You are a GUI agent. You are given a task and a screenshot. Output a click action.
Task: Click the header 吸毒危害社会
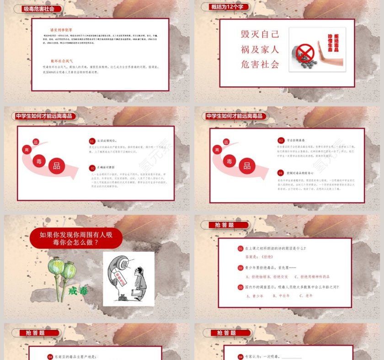pyautogui.click(x=38, y=8)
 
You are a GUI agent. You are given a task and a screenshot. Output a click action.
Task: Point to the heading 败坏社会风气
pyautogui.click(x=62, y=60)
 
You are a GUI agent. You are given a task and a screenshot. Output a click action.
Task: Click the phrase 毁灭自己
pyautogui.click(x=260, y=35)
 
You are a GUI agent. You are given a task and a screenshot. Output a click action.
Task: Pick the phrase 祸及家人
pyautogui.click(x=260, y=49)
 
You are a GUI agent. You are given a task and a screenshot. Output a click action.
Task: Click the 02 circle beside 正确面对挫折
pyautogui.click(x=92, y=168)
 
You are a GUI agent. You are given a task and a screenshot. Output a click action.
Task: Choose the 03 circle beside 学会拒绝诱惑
pyautogui.click(x=281, y=140)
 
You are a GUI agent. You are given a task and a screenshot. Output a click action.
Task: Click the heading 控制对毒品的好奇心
pyautogui.click(x=302, y=173)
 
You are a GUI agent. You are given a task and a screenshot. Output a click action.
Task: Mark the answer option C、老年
pyautogui.click(x=306, y=296)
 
